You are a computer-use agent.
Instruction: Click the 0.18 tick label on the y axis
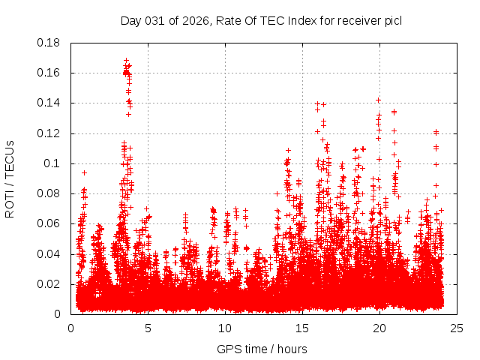click(50, 43)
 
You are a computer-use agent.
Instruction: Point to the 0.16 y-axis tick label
click(50, 73)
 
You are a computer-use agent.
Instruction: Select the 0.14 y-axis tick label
click(50, 103)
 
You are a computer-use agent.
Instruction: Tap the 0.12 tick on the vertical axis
click(50, 133)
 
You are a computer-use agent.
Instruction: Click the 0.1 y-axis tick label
click(54, 163)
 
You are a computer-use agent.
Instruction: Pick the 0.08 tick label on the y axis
click(50, 193)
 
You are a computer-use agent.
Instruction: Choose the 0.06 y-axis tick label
click(50, 223)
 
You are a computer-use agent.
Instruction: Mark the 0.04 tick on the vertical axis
click(50, 253)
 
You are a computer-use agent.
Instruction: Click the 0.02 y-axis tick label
click(50, 284)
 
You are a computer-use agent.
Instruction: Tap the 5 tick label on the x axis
click(148, 328)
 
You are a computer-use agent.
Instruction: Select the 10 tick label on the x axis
click(225, 328)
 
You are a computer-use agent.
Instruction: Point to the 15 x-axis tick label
click(302, 328)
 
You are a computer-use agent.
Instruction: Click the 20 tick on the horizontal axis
click(379, 328)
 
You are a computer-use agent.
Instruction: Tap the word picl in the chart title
click(393, 20)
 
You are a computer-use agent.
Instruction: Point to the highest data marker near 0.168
click(126, 61)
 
